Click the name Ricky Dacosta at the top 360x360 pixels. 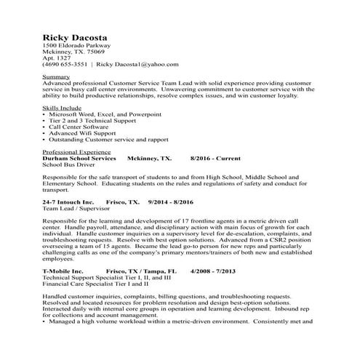pos(72,37)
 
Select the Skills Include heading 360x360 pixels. pos(63,107)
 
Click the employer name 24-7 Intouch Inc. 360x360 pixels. pos(68,201)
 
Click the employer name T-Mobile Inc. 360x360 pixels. pos(63,271)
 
